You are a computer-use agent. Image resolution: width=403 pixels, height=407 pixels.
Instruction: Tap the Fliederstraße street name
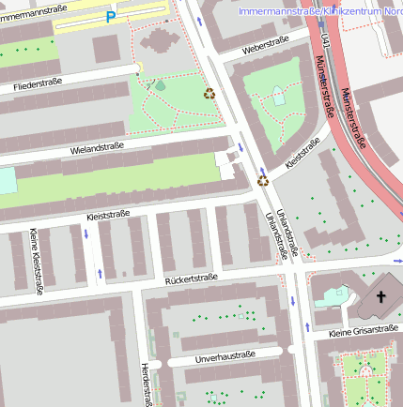coord(38,85)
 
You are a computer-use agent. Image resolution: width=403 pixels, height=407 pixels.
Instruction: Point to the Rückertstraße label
coord(191,278)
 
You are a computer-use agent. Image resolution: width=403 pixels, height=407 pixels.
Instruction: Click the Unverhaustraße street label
coord(225,355)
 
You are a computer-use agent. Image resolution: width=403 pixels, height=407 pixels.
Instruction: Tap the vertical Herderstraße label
coord(146,384)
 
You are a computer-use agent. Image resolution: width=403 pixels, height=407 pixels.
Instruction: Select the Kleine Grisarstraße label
coord(364,331)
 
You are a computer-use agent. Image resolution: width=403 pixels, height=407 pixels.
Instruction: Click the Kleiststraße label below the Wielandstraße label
coord(107,215)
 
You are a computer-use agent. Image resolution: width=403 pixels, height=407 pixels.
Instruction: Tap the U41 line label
coord(325,41)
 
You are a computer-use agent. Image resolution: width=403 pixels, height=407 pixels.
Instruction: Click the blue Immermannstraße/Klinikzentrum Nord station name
coord(320,11)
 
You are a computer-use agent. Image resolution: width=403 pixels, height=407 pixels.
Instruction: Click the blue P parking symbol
coord(111,17)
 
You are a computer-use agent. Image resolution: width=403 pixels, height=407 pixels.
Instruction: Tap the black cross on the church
coord(380,297)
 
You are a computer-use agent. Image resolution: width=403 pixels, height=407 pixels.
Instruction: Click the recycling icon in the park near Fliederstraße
coord(209,93)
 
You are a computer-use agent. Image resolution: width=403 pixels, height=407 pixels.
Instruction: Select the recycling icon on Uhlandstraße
coord(263,180)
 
